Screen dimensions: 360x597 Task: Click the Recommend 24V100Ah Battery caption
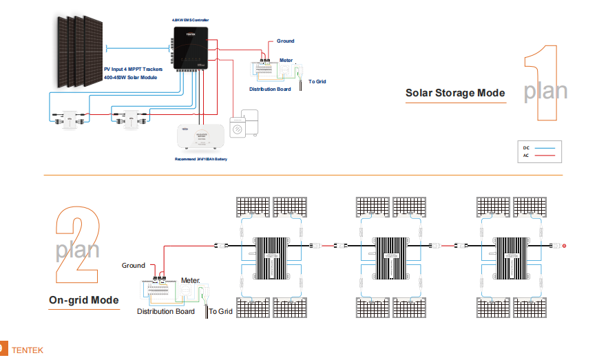tap(200, 159)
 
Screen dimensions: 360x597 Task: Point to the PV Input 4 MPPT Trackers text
tap(133, 70)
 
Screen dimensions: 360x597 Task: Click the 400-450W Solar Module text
tap(130, 78)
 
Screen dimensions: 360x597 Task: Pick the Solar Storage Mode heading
tap(455, 93)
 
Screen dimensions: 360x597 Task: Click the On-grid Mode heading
tap(84, 300)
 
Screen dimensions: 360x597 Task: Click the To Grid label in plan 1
tap(317, 82)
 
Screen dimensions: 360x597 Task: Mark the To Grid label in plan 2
tap(222, 312)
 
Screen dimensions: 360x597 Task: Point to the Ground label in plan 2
tap(134, 266)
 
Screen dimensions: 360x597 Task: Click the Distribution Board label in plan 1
tap(270, 89)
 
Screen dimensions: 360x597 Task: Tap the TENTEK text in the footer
tap(28, 350)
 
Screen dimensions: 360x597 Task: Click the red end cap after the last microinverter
tap(565, 246)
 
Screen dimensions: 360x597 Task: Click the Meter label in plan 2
tap(191, 281)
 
